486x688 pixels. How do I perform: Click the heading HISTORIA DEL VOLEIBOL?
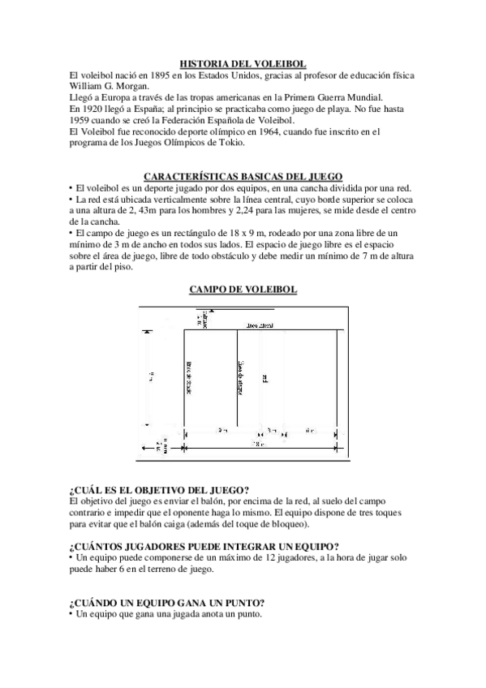243,62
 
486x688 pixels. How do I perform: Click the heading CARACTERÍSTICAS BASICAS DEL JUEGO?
243,176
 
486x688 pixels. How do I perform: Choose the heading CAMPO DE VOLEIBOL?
243,289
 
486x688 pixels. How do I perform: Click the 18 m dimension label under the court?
256,445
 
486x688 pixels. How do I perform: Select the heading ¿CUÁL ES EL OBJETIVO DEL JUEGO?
159,489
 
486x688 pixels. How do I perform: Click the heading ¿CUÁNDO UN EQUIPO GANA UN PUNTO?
167,603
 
